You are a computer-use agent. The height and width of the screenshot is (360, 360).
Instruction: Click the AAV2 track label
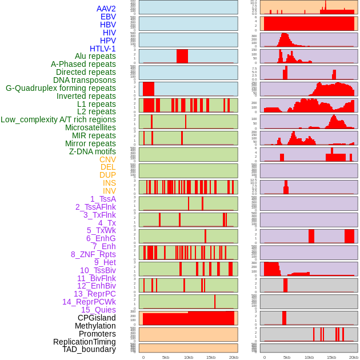pos(106,9)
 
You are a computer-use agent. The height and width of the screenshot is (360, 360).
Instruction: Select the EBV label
pos(108,17)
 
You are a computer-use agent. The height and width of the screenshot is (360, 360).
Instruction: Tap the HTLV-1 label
pos(103,49)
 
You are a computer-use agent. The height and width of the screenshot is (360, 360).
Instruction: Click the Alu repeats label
pos(95,56)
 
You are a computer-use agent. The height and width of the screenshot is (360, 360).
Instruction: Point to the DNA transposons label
pos(85,80)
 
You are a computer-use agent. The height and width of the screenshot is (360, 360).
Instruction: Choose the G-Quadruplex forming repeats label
pos(61,88)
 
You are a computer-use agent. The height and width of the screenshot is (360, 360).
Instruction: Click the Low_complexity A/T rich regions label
pos(58,119)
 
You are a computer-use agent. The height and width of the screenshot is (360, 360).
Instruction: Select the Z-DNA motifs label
pos(93,151)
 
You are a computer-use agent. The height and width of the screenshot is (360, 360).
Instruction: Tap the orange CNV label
pos(107,159)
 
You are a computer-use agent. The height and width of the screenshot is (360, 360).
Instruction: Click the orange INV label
pos(109,191)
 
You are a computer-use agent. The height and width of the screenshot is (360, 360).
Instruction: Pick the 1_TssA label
pos(103,199)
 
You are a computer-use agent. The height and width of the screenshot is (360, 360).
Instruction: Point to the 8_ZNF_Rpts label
pos(93,254)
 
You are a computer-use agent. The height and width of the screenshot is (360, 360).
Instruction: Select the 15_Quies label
pos(98,310)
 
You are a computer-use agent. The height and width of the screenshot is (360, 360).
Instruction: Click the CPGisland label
pos(97,318)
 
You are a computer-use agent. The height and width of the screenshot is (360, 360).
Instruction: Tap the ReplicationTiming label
pos(85,342)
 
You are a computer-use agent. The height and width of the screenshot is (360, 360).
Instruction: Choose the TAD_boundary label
pos(89,349)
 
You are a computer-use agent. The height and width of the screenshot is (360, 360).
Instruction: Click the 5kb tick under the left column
pos(166,357)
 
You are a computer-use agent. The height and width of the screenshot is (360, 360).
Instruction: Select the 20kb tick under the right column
pos(354,357)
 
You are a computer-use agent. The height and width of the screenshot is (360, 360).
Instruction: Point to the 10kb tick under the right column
pos(309,357)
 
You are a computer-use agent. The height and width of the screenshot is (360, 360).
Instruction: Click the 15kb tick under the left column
pos(211,357)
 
